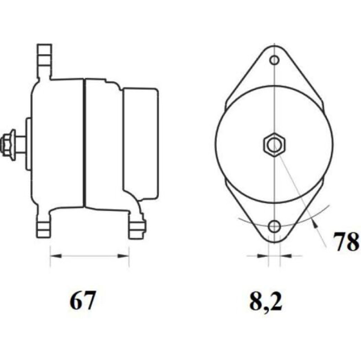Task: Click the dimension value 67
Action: pos(82,301)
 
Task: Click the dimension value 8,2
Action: pos(266,301)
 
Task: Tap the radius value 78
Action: pos(346,241)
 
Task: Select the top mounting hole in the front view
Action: pos(274,60)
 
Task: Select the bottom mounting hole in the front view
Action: pos(274,226)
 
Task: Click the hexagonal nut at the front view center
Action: pos(274,145)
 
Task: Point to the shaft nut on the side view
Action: pos(8,144)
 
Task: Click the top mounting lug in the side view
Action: pos(44,61)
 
